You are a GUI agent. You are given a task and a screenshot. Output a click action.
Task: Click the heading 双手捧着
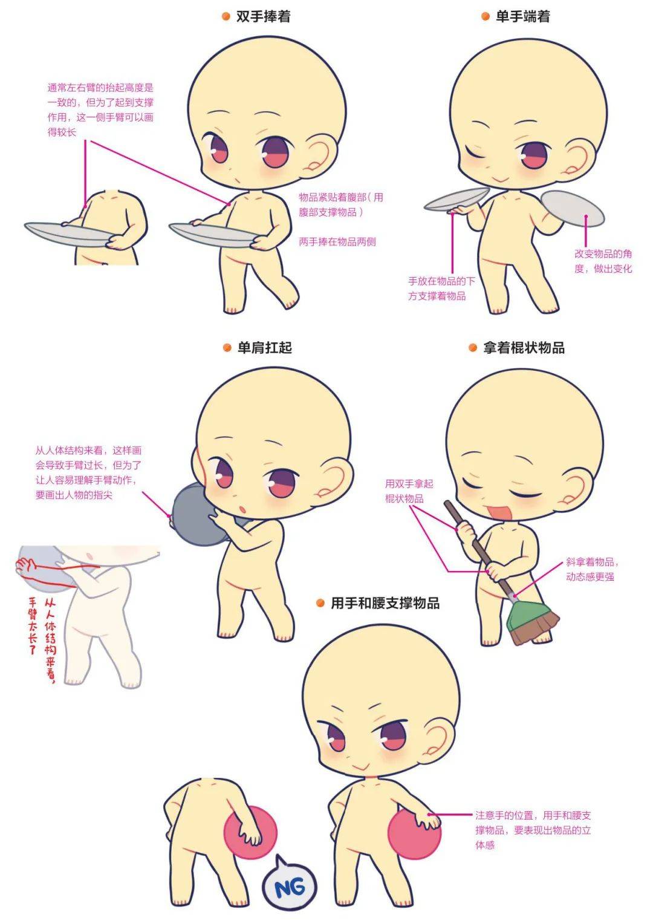pyautogui.click(x=263, y=16)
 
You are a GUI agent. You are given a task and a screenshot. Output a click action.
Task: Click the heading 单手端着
pyautogui.click(x=522, y=16)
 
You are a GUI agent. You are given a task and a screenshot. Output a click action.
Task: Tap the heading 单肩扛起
pyautogui.click(x=264, y=348)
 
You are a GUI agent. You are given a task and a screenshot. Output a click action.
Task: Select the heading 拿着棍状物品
pyautogui.click(x=524, y=348)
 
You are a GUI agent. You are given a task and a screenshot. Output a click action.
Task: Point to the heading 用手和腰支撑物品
pyautogui.click(x=385, y=603)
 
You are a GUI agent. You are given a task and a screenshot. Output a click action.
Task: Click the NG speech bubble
pyautogui.click(x=290, y=887)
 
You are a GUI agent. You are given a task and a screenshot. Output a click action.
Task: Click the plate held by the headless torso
pyautogui.click(x=67, y=235)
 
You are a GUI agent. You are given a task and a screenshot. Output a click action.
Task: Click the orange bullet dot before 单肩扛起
pyautogui.click(x=227, y=348)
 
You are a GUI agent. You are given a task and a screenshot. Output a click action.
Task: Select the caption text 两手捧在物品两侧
pyautogui.click(x=337, y=241)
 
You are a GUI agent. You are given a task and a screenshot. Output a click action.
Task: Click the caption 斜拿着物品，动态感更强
pyautogui.click(x=591, y=569)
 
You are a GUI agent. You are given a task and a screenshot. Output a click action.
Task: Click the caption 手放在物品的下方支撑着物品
pyautogui.click(x=441, y=289)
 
